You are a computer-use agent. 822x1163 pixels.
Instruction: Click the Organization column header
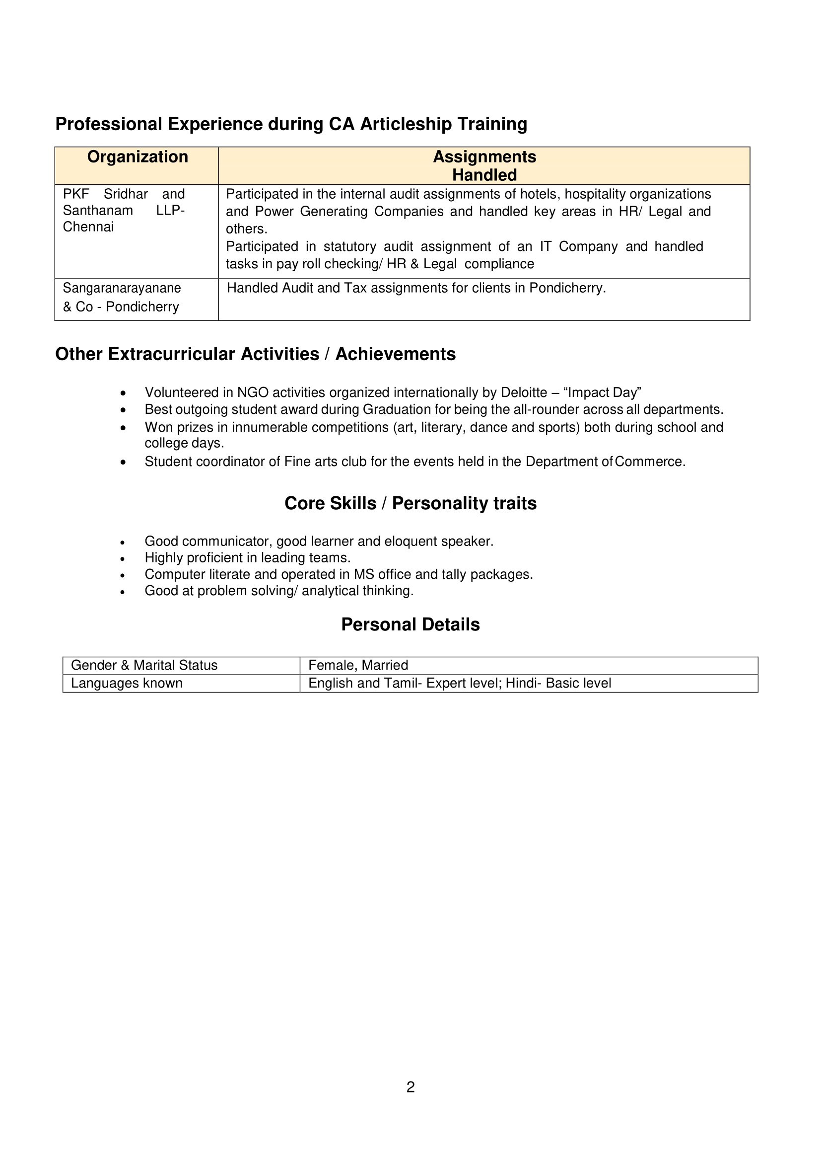[137, 157]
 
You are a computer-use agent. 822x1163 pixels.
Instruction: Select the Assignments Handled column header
[484, 165]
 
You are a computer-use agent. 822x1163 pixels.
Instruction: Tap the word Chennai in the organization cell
[88, 227]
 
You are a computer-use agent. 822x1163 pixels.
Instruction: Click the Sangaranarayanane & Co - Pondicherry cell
[122, 298]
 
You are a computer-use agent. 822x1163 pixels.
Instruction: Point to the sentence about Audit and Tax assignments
[416, 288]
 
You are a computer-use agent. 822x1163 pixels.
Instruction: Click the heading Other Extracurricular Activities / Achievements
[255, 354]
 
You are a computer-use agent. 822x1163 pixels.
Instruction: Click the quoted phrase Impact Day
[602, 392]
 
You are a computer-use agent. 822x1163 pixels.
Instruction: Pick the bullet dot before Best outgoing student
[123, 410]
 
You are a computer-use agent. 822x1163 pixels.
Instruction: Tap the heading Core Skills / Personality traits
[411, 503]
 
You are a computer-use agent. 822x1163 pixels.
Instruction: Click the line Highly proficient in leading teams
[248, 558]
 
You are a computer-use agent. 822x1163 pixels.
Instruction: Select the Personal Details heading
[411, 624]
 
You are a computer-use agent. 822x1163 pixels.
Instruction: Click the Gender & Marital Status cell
[144, 665]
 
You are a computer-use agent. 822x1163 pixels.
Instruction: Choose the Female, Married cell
[358, 665]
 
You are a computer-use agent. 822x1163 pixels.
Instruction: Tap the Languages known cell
[127, 683]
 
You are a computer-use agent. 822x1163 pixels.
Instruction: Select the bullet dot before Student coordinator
[123, 462]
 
